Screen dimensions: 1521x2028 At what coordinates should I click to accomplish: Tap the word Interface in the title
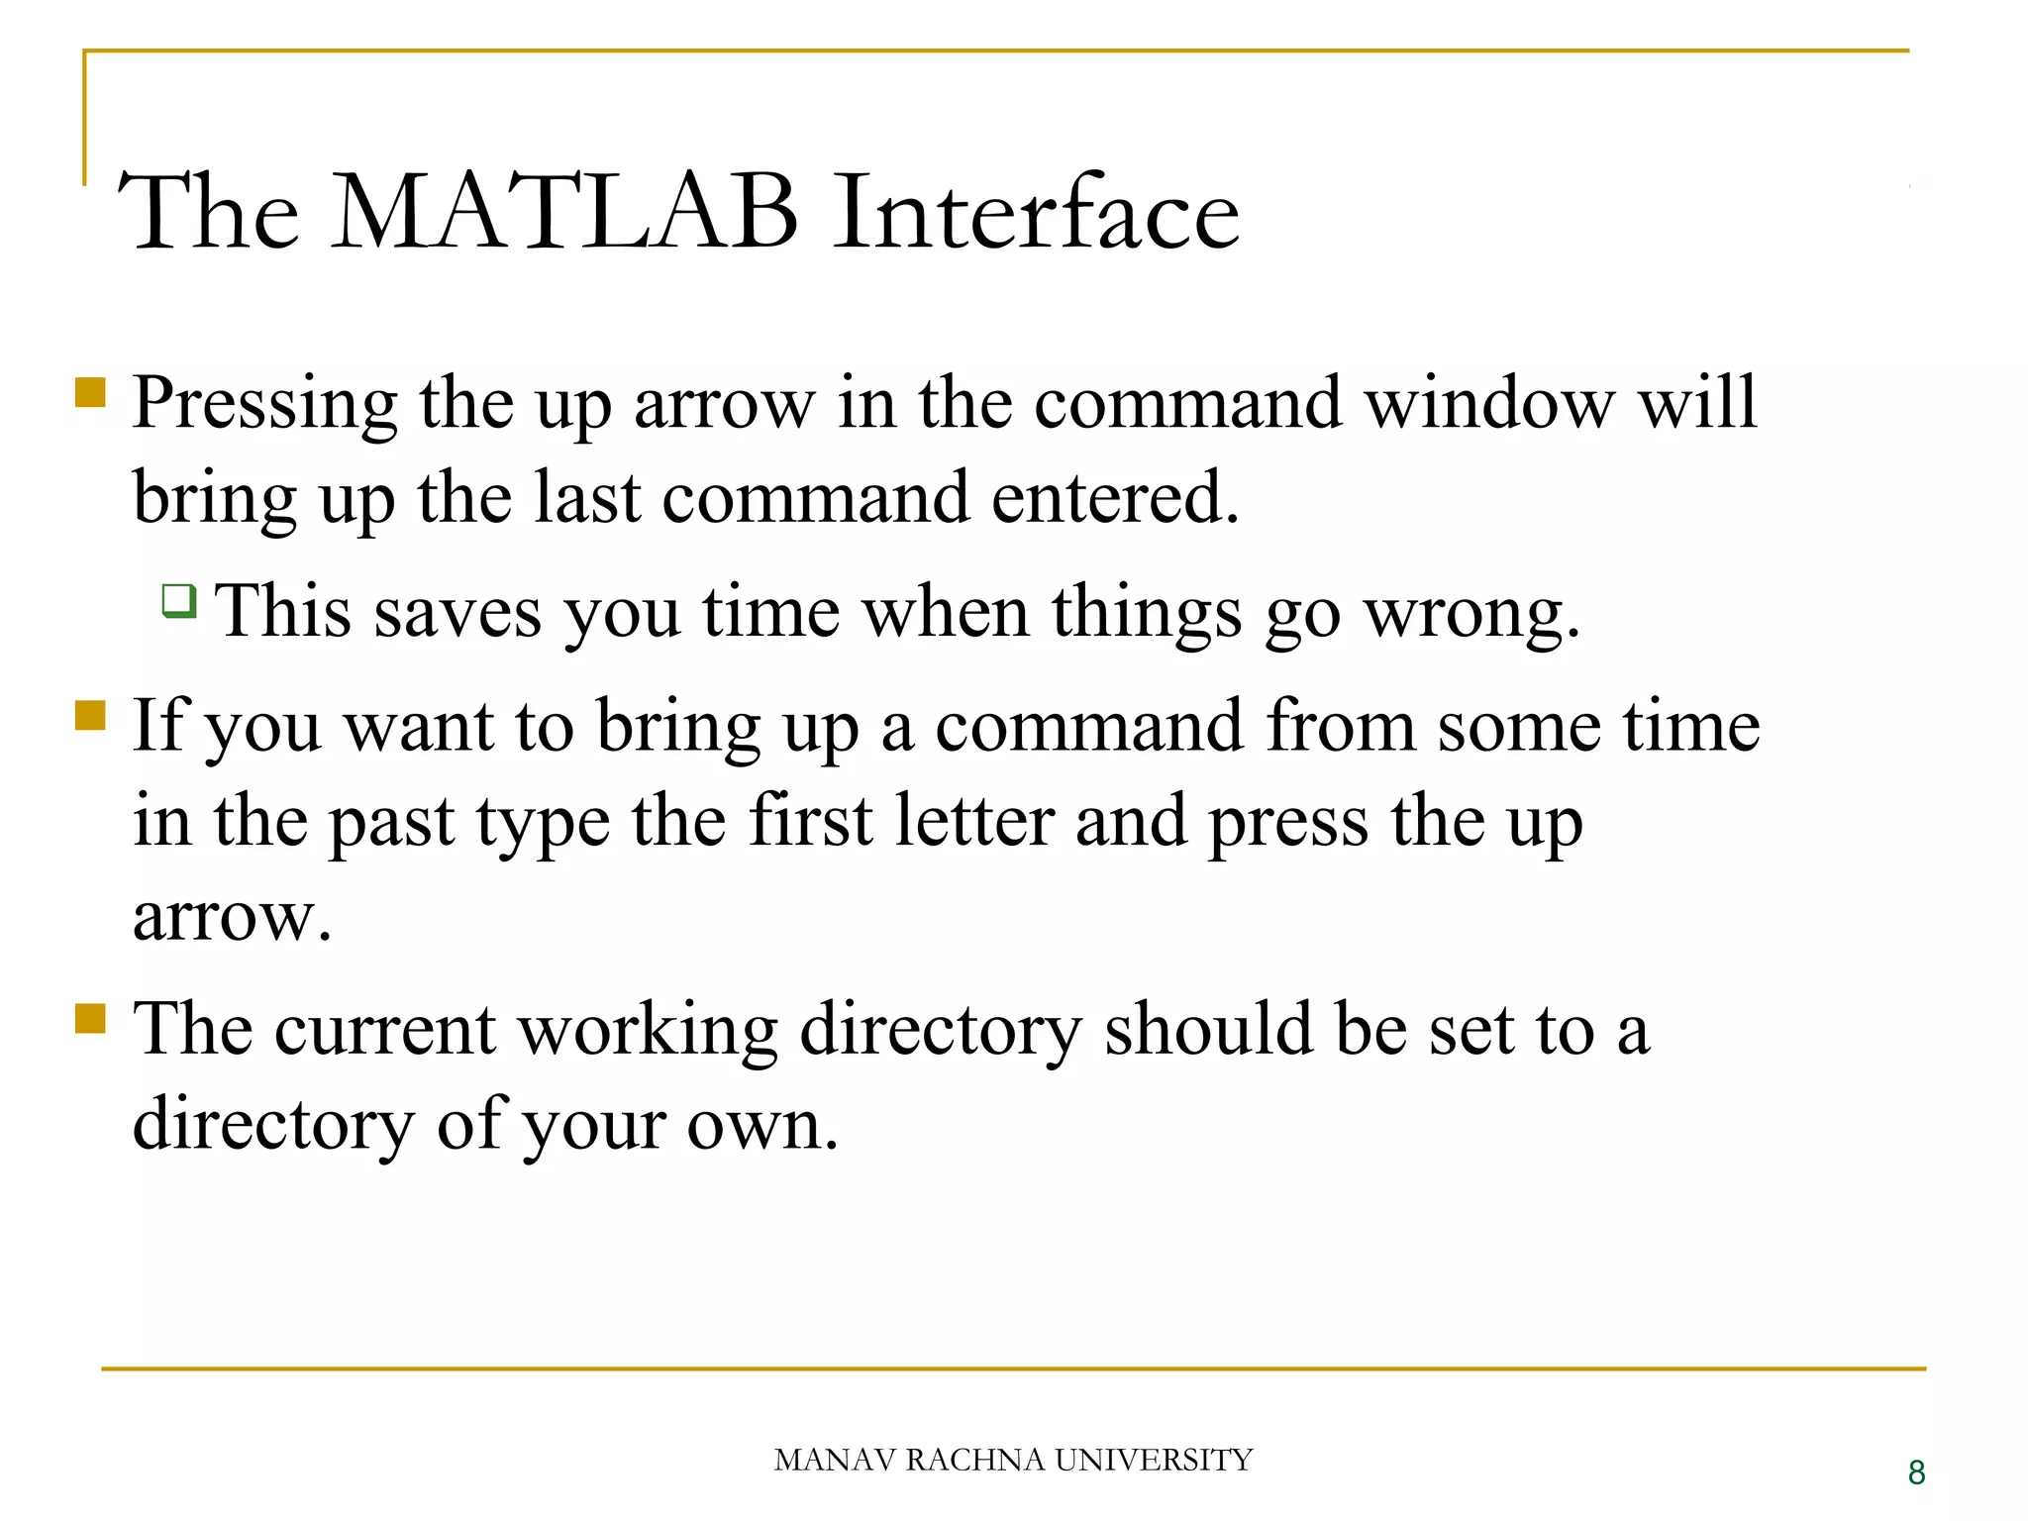[1035, 213]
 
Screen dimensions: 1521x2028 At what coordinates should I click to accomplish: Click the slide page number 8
[1916, 1472]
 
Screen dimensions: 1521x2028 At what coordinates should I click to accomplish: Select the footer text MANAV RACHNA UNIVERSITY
[1013, 1460]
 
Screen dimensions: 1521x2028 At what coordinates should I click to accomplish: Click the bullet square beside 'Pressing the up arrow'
[90, 393]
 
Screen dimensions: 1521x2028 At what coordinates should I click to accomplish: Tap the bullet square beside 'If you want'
[90, 715]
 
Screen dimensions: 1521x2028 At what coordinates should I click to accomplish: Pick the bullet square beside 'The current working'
[90, 1018]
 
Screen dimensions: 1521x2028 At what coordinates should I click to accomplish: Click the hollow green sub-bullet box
[179, 600]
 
